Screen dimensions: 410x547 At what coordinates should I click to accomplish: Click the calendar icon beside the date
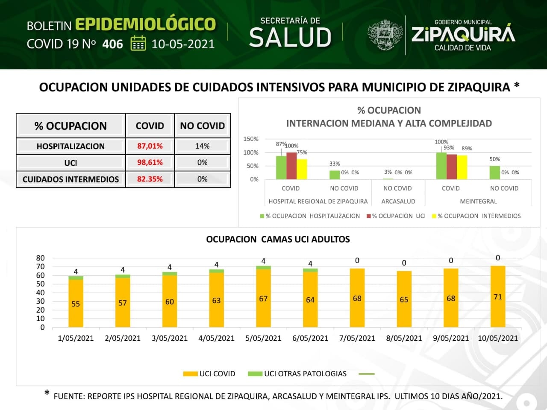138,44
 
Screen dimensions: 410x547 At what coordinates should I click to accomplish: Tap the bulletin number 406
113,44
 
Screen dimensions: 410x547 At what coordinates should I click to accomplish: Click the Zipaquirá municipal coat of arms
385,35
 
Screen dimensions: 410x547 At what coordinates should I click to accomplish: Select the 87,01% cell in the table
150,146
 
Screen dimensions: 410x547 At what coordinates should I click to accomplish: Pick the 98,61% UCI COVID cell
150,163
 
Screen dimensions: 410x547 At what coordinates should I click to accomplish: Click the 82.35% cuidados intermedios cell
150,179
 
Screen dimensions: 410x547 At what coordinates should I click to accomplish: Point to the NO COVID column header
202,126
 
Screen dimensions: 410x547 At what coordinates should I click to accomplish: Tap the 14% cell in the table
202,146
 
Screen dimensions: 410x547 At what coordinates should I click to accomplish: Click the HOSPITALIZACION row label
71,146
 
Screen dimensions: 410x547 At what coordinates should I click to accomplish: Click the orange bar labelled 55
76,304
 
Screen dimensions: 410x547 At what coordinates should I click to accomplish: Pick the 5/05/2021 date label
263,338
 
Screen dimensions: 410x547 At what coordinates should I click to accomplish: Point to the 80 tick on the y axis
41,258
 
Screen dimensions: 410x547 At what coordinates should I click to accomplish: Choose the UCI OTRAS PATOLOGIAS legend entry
298,374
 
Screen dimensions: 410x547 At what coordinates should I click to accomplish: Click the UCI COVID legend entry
209,374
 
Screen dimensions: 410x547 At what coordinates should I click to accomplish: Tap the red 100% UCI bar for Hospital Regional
291,166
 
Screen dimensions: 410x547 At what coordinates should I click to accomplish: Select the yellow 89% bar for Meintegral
462,167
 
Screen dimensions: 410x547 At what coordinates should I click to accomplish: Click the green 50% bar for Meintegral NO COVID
494,173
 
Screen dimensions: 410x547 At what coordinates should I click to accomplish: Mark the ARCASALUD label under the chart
398,201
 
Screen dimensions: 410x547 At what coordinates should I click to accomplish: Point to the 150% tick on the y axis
251,139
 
